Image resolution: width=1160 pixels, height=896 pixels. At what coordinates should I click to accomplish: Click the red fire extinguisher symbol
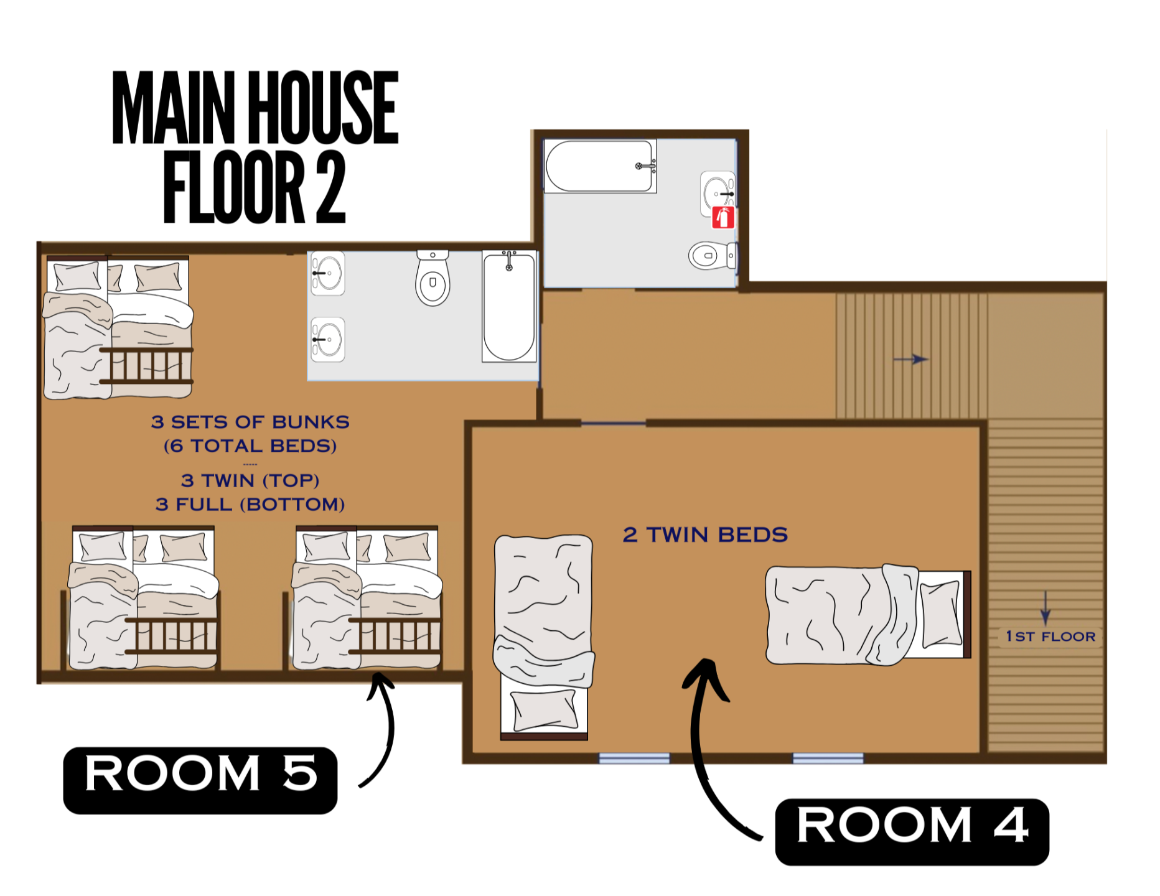tap(723, 218)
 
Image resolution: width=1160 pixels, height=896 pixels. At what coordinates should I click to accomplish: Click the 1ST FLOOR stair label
tap(1050, 637)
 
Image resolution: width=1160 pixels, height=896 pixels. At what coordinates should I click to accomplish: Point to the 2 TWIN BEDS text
tap(705, 534)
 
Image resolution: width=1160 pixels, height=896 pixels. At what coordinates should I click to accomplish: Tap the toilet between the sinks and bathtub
tap(433, 278)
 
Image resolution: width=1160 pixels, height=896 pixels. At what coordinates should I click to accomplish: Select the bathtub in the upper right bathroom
tap(600, 166)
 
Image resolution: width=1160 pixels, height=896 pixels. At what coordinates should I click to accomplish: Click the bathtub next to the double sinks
tap(509, 306)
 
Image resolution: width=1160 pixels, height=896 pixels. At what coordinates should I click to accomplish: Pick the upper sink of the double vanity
tap(328, 273)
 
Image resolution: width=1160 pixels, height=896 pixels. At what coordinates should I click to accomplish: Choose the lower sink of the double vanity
tap(328, 340)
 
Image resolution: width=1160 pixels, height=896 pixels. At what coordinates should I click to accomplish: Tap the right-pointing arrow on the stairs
tap(910, 359)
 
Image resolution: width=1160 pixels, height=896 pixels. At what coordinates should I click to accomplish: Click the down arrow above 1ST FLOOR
tap(1045, 608)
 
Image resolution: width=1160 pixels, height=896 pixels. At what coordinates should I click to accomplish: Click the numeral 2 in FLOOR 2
tap(330, 187)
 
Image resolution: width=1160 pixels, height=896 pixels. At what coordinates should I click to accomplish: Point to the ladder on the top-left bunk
tap(147, 365)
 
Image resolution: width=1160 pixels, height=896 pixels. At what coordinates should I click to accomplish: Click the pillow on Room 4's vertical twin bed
tap(544, 710)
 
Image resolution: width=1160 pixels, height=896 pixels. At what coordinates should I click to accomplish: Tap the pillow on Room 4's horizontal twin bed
tap(941, 614)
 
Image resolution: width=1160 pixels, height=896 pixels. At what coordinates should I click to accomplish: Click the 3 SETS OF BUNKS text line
tap(250, 422)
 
